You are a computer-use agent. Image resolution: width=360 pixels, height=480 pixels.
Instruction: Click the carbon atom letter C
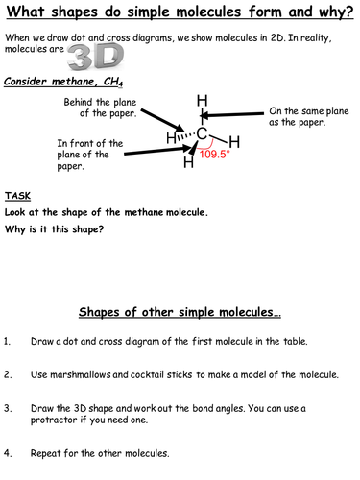(x=203, y=133)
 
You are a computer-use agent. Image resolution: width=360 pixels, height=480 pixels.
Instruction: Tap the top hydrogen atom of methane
(x=203, y=100)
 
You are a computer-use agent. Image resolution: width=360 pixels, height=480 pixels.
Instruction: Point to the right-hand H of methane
(x=233, y=142)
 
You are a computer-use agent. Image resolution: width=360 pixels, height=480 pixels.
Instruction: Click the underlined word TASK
(x=18, y=195)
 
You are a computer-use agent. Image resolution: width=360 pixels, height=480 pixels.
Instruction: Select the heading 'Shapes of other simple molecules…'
(x=180, y=314)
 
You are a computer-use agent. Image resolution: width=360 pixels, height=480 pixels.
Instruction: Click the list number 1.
(x=9, y=341)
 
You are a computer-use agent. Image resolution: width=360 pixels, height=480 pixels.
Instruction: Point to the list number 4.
(x=9, y=452)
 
